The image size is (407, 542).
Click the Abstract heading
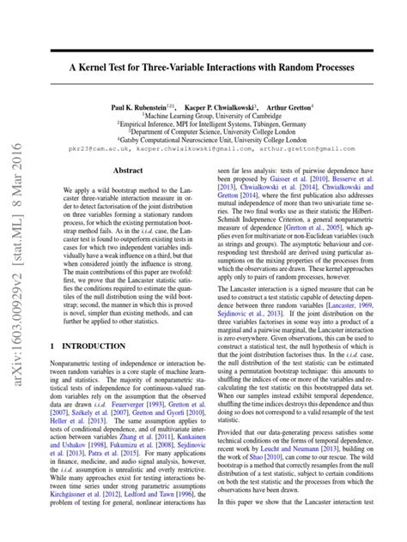click(127, 172)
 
